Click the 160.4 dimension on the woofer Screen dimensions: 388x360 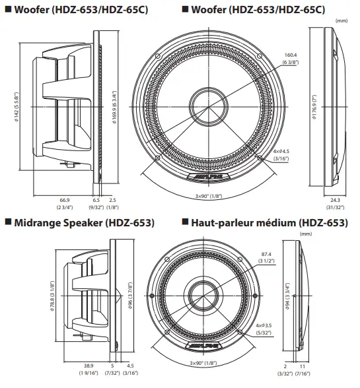tap(291, 55)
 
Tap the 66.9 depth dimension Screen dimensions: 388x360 tap(65, 199)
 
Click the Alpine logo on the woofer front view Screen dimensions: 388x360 tap(209, 179)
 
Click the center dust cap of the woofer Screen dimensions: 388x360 tap(210, 104)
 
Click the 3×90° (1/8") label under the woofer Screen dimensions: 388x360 tap(208, 197)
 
